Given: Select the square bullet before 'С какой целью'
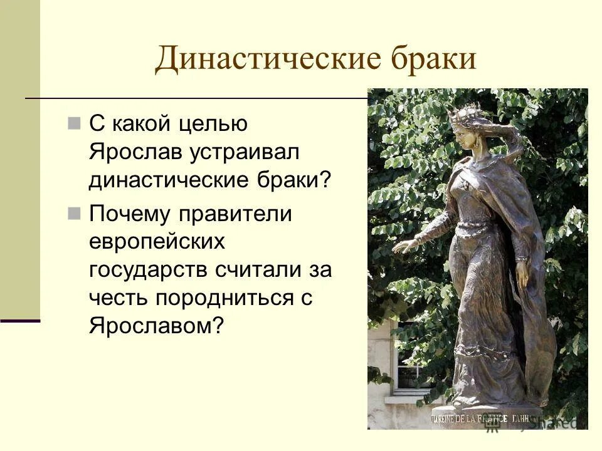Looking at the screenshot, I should point(75,122).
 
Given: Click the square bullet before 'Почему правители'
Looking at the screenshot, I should point(75,212).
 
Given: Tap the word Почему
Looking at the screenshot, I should point(129,214).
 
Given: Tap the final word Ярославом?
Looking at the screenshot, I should point(156,326).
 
